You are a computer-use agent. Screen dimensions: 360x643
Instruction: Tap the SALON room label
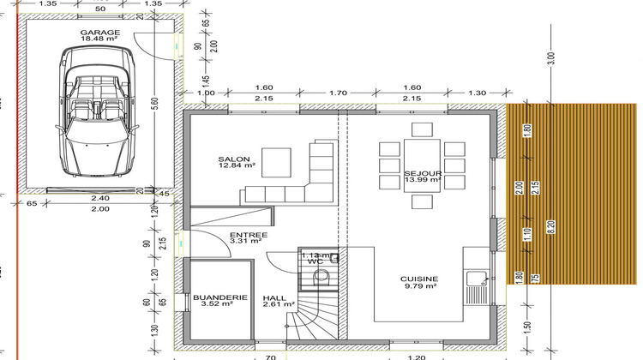(x=233, y=160)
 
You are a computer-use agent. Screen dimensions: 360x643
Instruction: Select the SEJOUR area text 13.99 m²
(x=422, y=181)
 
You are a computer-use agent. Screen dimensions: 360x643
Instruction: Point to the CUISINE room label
(x=419, y=279)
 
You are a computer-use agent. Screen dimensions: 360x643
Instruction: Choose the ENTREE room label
(x=249, y=235)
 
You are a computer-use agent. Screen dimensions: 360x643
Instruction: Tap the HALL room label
(x=275, y=296)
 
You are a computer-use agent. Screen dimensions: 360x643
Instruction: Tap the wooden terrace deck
(x=574, y=194)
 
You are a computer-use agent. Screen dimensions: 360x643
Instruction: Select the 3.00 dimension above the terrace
(x=551, y=57)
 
